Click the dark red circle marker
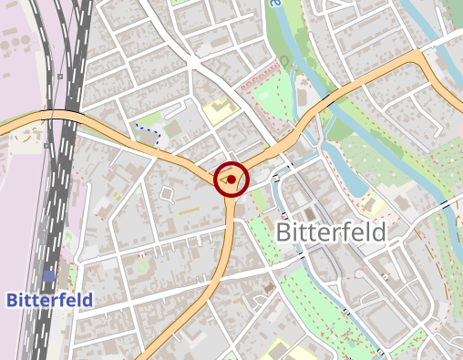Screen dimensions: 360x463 click(x=231, y=180)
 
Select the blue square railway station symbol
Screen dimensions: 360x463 click(x=48, y=275)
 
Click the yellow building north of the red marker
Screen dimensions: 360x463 click(x=219, y=111)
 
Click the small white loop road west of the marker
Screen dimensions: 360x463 click(x=166, y=193)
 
